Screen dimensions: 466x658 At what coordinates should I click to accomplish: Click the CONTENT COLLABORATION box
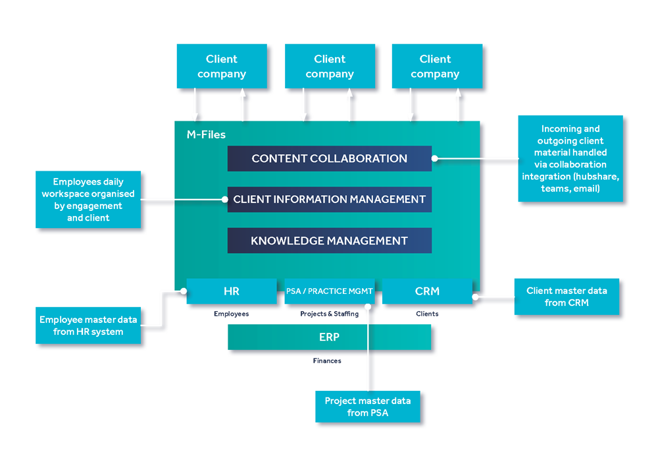coord(329,159)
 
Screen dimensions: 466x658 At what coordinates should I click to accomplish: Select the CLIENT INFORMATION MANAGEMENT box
coord(329,200)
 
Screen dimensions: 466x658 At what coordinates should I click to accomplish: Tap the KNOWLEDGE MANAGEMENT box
coord(329,241)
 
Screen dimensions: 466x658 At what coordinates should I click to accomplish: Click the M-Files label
coord(206,135)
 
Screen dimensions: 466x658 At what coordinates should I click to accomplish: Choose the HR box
coord(231,291)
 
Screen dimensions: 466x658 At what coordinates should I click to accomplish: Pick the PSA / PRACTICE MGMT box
coord(329,291)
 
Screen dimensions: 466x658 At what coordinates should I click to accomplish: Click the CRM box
coord(427,291)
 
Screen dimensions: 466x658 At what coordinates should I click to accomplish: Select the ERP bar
coord(329,337)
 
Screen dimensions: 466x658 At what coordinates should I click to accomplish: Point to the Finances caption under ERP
coord(327,361)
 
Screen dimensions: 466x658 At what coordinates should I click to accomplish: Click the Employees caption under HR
coord(231,314)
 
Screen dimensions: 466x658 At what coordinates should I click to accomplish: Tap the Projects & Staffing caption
coord(329,314)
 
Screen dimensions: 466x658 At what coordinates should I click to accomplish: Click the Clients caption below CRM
coord(427,314)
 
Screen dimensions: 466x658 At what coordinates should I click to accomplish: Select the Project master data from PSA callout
coord(367,407)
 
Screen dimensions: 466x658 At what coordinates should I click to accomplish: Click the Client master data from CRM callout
coord(567,297)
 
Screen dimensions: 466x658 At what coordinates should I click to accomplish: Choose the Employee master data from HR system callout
coord(88,326)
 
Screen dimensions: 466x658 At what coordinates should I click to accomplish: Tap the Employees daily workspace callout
coord(88,200)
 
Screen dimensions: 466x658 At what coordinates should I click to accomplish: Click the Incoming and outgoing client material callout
coord(570,159)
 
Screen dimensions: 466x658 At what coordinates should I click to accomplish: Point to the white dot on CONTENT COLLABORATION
coord(435,158)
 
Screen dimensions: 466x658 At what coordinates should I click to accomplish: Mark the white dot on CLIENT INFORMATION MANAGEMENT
coord(224,199)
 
